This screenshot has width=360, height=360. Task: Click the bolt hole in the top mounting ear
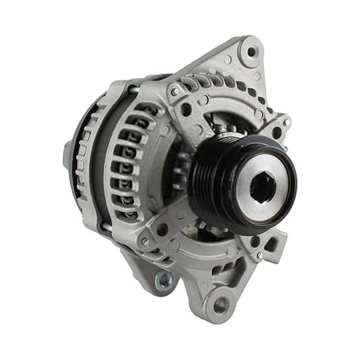pos(251,52)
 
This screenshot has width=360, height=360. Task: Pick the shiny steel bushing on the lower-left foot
pos(164,281)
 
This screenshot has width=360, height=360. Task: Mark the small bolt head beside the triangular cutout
pos(257,255)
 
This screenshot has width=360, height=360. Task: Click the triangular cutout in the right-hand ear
pos(274,241)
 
